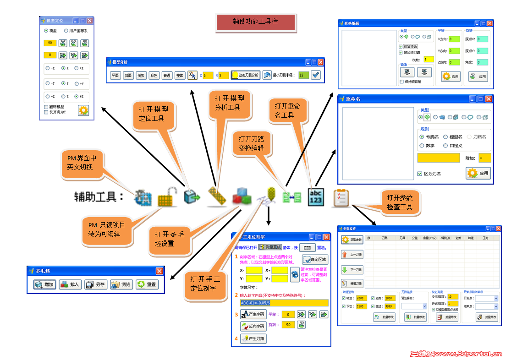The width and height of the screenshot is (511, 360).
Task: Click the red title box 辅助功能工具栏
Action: pos(255,22)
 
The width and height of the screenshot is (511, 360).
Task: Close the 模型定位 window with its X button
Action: pos(90,21)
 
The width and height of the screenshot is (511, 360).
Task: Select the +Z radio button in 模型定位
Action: pos(77,97)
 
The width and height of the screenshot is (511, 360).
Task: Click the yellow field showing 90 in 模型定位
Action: pos(50,43)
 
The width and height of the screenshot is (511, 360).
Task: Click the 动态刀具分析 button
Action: pos(246,75)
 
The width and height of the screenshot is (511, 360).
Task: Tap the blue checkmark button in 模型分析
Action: pos(316,75)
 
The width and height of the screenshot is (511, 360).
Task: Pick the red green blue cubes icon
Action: pos(241,197)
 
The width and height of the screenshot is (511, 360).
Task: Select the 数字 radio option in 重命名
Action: pos(422,146)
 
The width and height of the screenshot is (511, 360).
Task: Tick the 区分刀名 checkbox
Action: pos(420,174)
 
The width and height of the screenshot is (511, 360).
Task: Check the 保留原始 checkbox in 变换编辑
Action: pos(401,47)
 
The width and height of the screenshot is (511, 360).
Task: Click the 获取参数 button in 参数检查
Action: pos(352,240)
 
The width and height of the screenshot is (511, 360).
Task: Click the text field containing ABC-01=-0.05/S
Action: pos(284,303)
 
